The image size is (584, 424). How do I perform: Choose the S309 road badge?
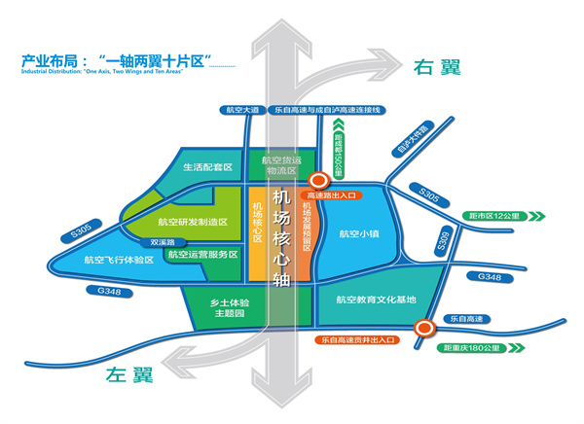click(x=445, y=239)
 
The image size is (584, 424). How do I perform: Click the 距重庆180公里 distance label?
click(x=475, y=346)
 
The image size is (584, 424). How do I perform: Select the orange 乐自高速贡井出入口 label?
click(x=361, y=340)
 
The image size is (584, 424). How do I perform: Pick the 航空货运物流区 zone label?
click(x=278, y=166)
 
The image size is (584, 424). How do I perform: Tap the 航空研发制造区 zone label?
click(x=193, y=223)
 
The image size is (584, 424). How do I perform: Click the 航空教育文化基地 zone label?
click(x=375, y=300)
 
